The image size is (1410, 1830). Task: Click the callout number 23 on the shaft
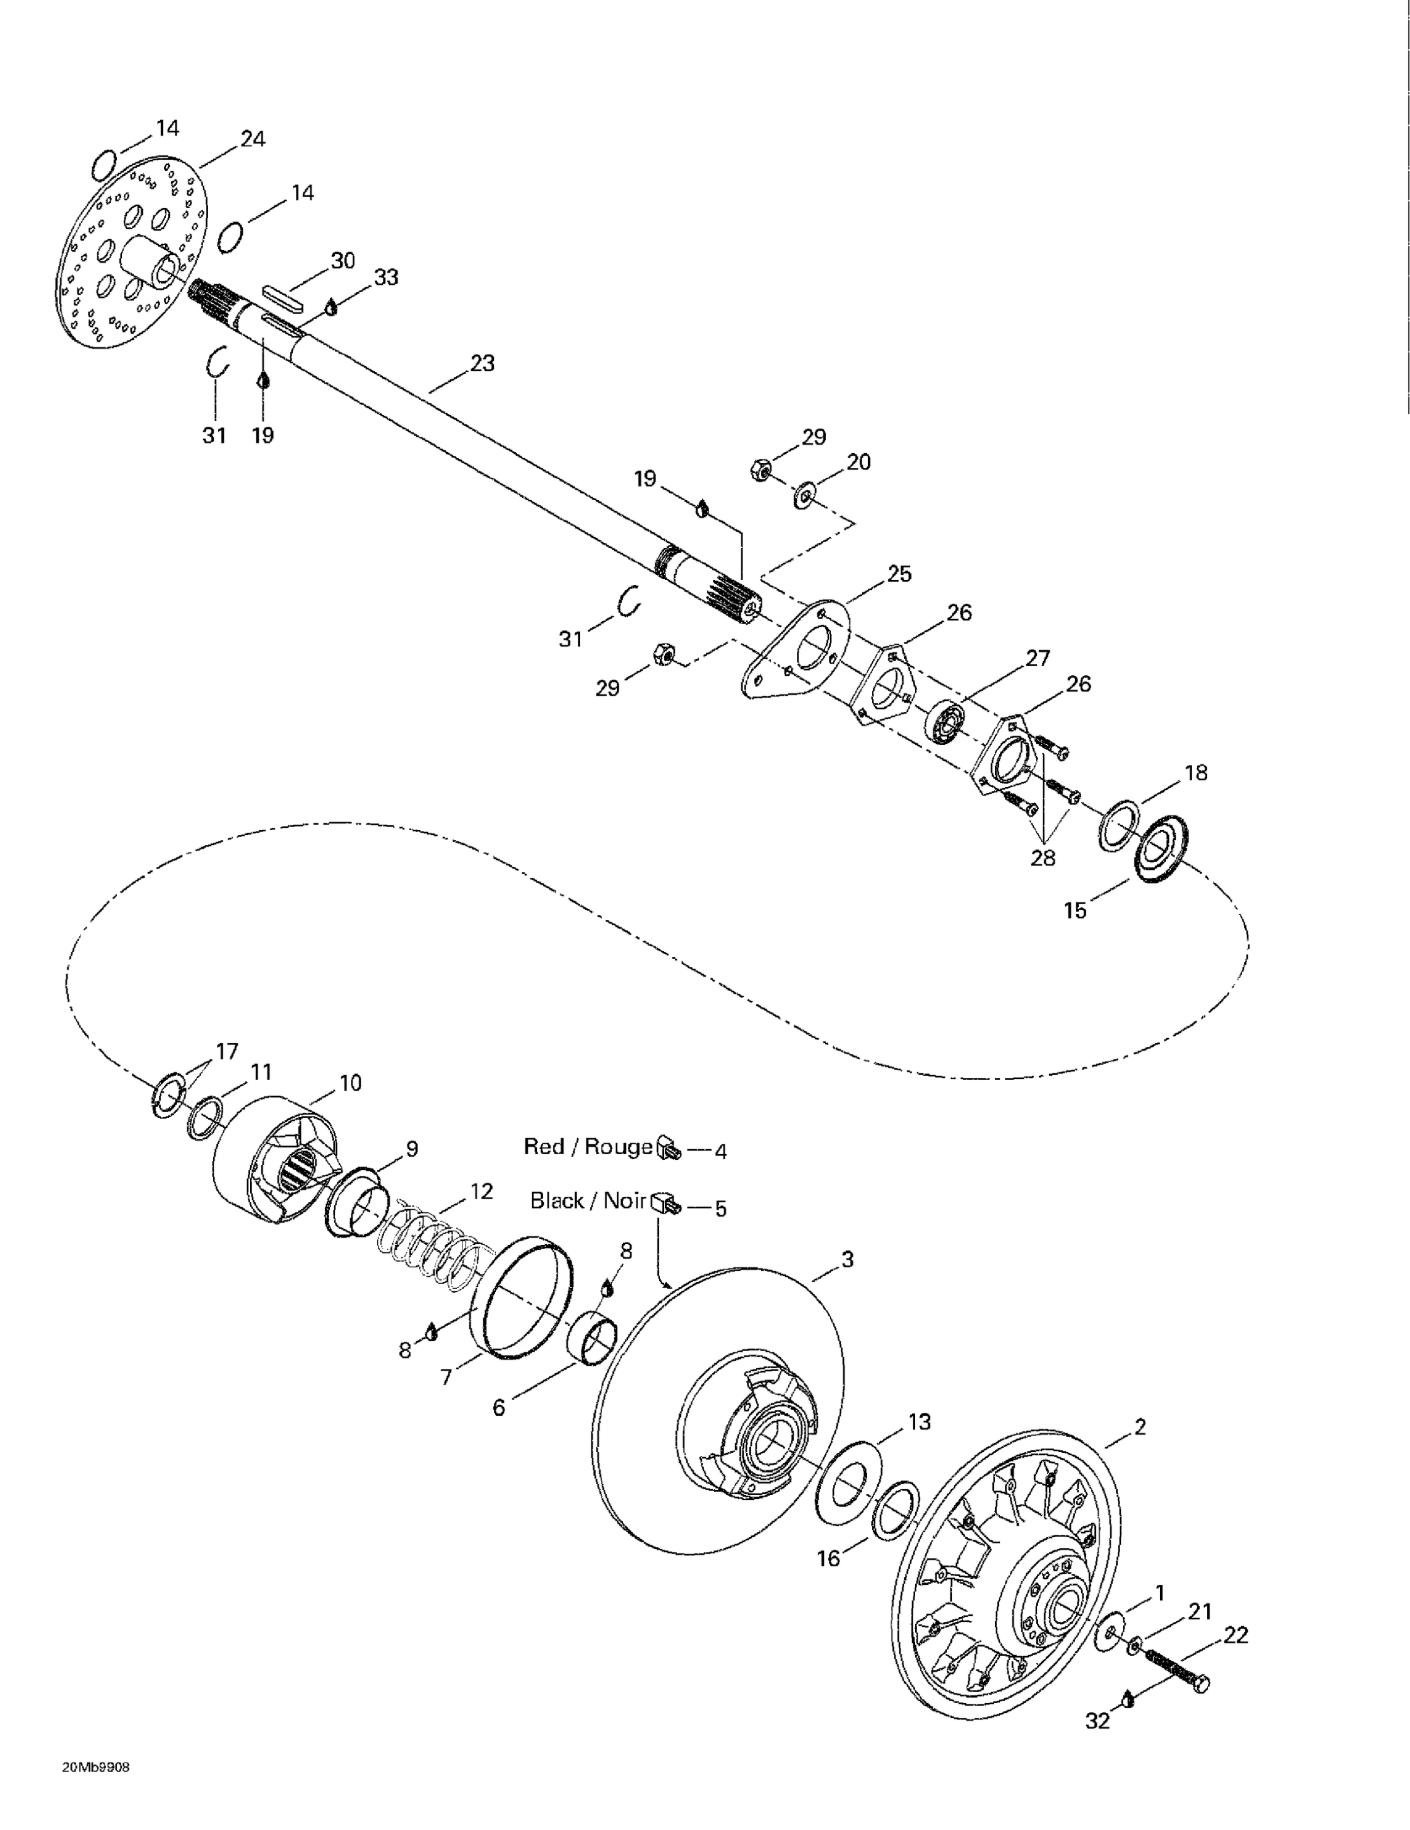click(x=482, y=364)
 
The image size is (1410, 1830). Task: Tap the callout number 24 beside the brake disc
click(x=253, y=139)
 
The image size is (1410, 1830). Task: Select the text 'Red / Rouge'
click(x=588, y=1146)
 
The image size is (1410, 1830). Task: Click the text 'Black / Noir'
click(x=588, y=1200)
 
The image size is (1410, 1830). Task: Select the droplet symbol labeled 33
click(x=331, y=307)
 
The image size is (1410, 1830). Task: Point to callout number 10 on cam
click(x=350, y=1083)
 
